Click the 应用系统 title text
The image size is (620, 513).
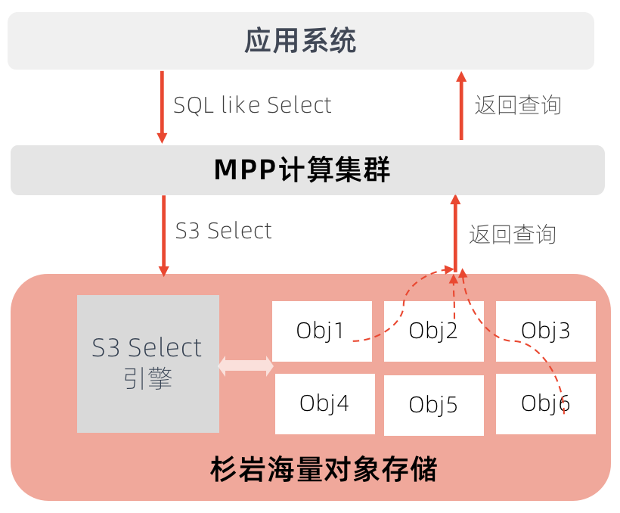coord(300,40)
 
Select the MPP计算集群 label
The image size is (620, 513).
coord(302,169)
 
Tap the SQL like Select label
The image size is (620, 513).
coord(253,105)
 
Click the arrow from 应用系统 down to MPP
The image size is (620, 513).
coord(162,107)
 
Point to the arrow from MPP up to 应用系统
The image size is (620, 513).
coord(461,106)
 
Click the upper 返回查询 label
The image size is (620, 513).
coord(518,105)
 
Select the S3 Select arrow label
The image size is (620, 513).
coord(223,230)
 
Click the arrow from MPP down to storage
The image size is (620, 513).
coord(164,236)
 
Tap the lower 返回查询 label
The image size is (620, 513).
coord(513,235)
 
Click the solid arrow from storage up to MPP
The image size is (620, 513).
coord(455,233)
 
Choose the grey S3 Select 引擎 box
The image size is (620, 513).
coord(148,364)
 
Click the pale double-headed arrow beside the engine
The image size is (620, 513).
coord(246,365)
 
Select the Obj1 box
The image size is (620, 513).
coord(322,331)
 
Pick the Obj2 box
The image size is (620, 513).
coord(434,331)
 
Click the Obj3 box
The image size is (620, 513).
coord(546,331)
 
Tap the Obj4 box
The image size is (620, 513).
coord(325,404)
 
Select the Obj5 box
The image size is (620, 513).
coord(434,405)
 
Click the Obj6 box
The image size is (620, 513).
coord(546,404)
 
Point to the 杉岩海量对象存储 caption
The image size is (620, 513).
coord(324,469)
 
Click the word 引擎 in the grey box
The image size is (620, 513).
coord(148,378)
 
